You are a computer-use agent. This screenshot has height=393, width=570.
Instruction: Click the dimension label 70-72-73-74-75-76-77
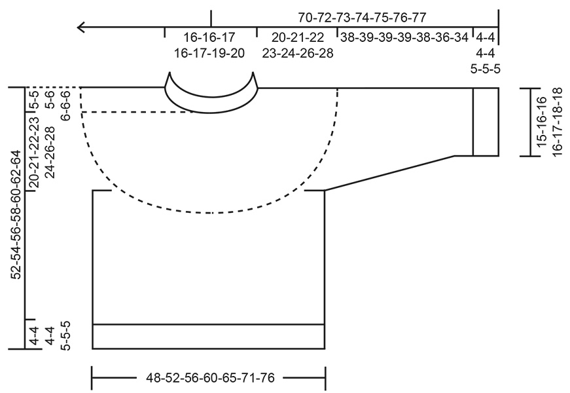(x=357, y=18)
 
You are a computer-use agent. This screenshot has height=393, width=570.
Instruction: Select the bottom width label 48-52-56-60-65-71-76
(x=209, y=378)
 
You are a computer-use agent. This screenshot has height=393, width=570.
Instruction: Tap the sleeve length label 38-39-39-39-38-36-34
(x=404, y=37)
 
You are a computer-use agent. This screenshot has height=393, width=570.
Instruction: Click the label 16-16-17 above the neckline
(x=209, y=37)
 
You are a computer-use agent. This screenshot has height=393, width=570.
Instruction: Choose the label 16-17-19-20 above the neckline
(x=209, y=53)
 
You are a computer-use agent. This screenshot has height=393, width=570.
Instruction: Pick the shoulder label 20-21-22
(x=298, y=37)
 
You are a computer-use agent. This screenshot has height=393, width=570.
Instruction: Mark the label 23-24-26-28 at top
(x=298, y=53)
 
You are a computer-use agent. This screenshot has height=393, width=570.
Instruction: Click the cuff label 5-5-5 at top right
(x=486, y=67)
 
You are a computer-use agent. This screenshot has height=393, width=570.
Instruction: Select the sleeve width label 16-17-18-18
(x=558, y=122)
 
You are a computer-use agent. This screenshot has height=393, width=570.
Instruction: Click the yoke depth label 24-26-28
(x=50, y=153)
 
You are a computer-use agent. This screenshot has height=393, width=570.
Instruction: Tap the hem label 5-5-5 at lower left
(x=65, y=335)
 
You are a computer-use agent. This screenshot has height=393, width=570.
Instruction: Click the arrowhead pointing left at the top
(x=81, y=28)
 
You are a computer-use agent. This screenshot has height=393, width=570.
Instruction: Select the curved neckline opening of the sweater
(x=211, y=98)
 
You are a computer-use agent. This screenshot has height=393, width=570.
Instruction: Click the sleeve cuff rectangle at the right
(x=486, y=122)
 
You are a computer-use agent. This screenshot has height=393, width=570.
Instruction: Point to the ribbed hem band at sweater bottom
(x=209, y=336)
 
